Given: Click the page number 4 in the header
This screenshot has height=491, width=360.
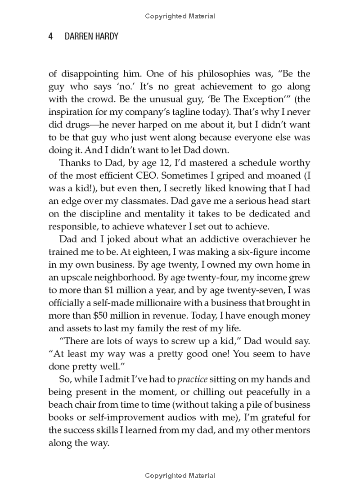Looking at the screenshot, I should click(x=51, y=36).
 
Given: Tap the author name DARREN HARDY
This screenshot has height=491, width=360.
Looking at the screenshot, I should click(x=90, y=36).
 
